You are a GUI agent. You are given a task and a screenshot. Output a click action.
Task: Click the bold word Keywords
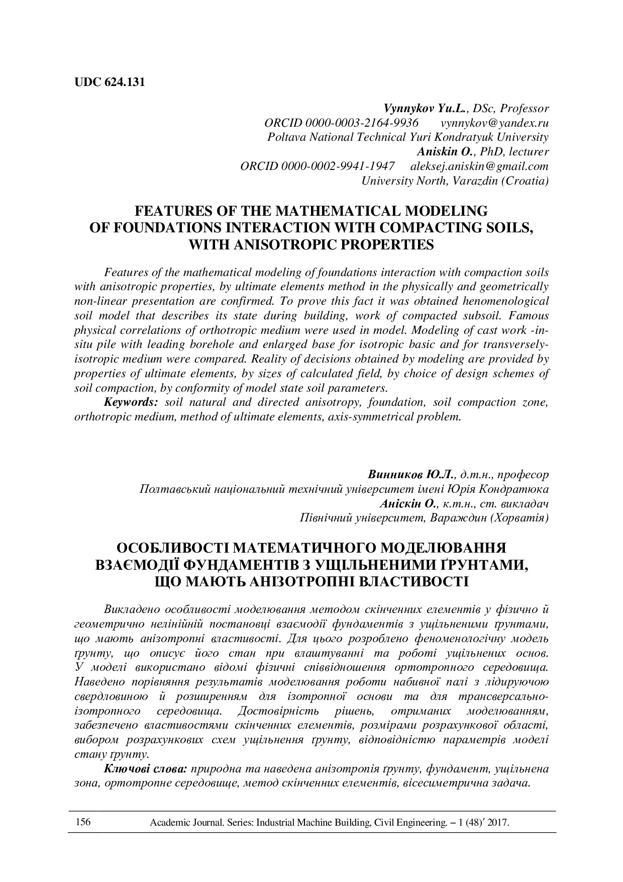[x=131, y=402]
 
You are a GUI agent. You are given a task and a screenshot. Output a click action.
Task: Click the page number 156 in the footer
[x=83, y=822]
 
